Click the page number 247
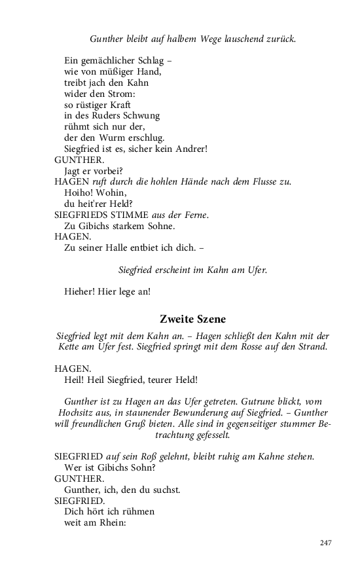tap(327, 543)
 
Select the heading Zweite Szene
tap(192, 319)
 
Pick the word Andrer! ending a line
tap(190, 149)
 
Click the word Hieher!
tap(79, 291)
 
